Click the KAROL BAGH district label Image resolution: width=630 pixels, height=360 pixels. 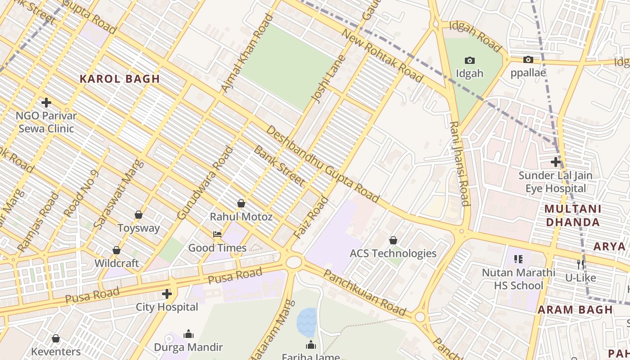coord(120,79)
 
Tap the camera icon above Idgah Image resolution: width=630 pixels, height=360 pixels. coord(469,60)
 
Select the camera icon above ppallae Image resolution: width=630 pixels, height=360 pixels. coord(528,59)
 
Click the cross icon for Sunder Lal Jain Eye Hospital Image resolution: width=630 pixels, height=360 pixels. coord(556,162)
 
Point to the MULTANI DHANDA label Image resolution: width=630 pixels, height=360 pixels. coord(572,215)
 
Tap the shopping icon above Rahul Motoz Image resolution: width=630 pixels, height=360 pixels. coord(241,203)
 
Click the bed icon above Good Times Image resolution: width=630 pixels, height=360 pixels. coord(217,234)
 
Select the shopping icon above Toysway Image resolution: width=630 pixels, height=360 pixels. coord(139,215)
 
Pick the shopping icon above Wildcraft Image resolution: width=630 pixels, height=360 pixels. coord(117,250)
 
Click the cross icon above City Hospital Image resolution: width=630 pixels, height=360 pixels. coord(167,294)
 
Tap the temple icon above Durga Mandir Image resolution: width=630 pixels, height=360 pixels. coord(189,334)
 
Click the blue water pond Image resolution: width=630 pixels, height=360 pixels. coord(306,322)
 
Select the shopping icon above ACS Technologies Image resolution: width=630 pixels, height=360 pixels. coord(393,240)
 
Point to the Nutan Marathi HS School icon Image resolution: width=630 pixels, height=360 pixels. coord(518,259)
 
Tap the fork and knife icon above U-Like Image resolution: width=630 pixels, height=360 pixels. coord(580,264)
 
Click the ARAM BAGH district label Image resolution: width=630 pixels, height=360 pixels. coord(575,310)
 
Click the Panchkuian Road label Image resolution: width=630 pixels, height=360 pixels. coord(365,293)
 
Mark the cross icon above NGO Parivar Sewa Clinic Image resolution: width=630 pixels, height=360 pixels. coord(46,103)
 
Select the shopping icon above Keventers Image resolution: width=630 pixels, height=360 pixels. coord(56,338)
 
